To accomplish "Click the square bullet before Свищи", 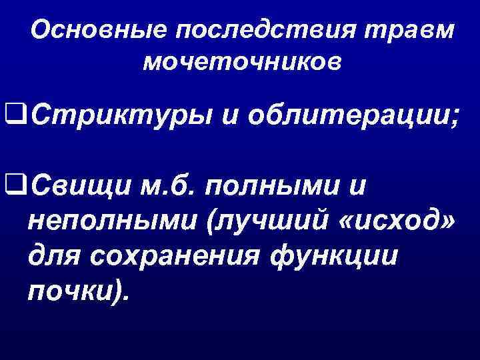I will pos(13,182).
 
